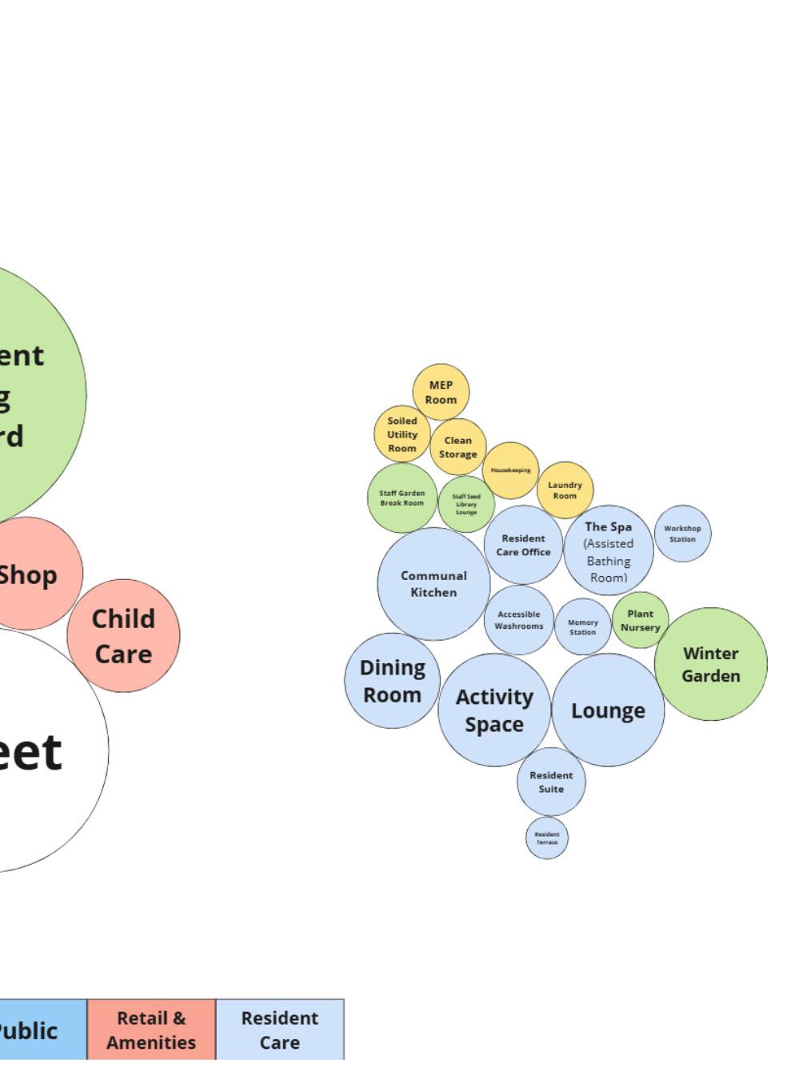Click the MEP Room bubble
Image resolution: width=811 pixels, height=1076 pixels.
point(441,392)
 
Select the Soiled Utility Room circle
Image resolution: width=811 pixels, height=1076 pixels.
point(402,434)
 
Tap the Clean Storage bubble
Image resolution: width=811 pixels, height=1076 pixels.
point(458,447)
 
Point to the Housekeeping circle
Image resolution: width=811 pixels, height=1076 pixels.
point(510,470)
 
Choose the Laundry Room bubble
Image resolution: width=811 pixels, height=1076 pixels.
point(565,490)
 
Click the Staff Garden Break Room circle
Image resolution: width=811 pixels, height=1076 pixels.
point(402,498)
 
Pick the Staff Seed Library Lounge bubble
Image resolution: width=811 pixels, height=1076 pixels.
point(466,504)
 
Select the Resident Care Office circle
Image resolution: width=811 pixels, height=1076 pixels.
point(523,545)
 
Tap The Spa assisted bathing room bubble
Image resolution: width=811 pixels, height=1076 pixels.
point(609,550)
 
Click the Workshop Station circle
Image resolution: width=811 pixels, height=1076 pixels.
point(682,534)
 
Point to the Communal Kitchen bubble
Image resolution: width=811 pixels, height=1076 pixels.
point(433,584)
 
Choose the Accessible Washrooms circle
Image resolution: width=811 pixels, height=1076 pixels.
point(518,620)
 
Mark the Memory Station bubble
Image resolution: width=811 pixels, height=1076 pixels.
point(582,626)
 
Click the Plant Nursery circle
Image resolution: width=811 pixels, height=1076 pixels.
point(640,620)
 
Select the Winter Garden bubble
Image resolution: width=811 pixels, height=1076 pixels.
point(710,664)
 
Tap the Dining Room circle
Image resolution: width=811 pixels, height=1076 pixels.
point(392,681)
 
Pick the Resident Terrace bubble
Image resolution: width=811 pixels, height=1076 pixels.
point(547,838)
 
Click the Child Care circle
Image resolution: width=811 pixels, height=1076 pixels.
point(123,636)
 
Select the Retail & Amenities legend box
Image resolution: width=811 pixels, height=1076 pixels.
point(151,1030)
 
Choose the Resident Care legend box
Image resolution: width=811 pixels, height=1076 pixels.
point(280,1030)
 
